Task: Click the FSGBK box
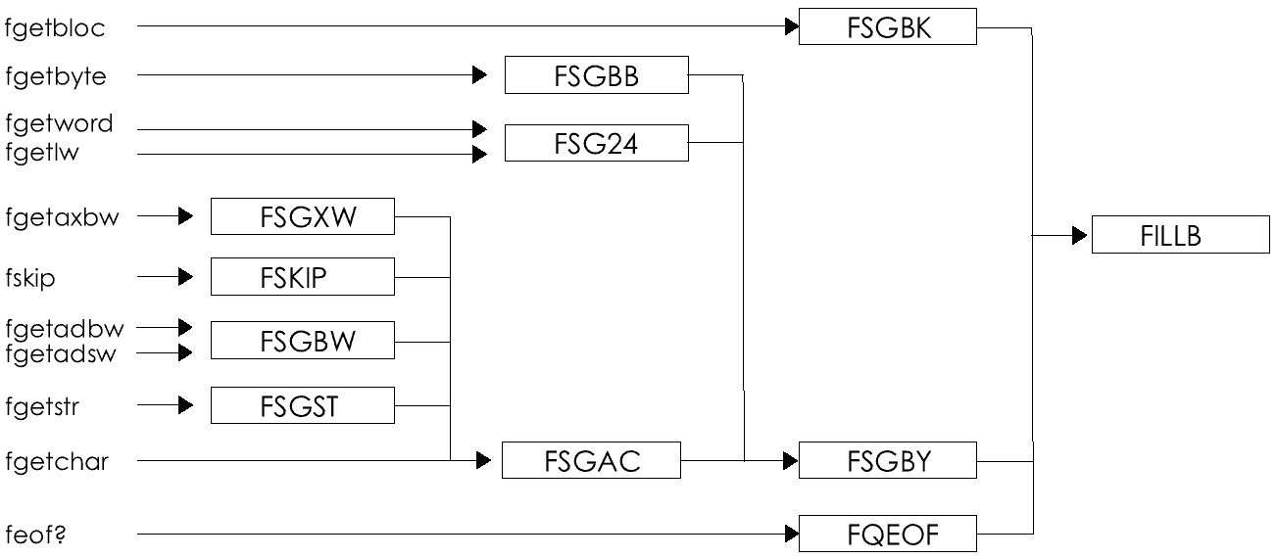pyautogui.click(x=888, y=27)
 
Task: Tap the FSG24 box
pyautogui.click(x=596, y=143)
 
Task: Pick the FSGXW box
pyautogui.click(x=302, y=216)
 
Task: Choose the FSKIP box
pyautogui.click(x=302, y=277)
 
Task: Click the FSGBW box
pyautogui.click(x=302, y=340)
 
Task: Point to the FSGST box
pyautogui.click(x=302, y=405)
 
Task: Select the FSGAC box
pyautogui.click(x=591, y=460)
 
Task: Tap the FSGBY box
pyautogui.click(x=888, y=460)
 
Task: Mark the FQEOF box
pyautogui.click(x=888, y=534)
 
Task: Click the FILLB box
pyautogui.click(x=1180, y=236)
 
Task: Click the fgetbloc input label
pyautogui.click(x=55, y=28)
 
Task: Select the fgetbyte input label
pyautogui.click(x=56, y=76)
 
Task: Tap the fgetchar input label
pyautogui.click(x=57, y=461)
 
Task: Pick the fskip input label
pyautogui.click(x=30, y=279)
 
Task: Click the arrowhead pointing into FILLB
pyautogui.click(x=1080, y=236)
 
